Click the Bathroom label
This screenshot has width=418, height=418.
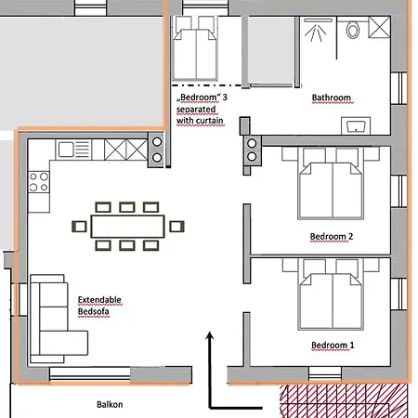(332, 98)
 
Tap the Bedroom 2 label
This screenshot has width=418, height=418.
(332, 236)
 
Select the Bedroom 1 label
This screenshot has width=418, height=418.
(333, 345)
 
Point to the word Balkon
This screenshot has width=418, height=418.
(110, 404)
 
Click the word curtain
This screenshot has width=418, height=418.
(209, 120)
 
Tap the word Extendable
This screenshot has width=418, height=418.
(99, 300)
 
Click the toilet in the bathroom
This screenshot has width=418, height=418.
(353, 30)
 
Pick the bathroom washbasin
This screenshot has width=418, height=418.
(356, 125)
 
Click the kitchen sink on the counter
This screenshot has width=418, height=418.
(73, 150)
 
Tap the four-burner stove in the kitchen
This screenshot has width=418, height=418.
(39, 182)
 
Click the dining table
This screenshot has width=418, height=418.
(127, 227)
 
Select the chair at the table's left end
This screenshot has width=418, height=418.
(79, 227)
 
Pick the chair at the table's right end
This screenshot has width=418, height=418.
(176, 227)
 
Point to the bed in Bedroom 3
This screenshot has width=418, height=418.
(195, 48)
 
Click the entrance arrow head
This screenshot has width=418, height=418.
(210, 335)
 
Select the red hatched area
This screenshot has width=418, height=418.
(344, 401)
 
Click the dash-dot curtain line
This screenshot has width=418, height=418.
(207, 85)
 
